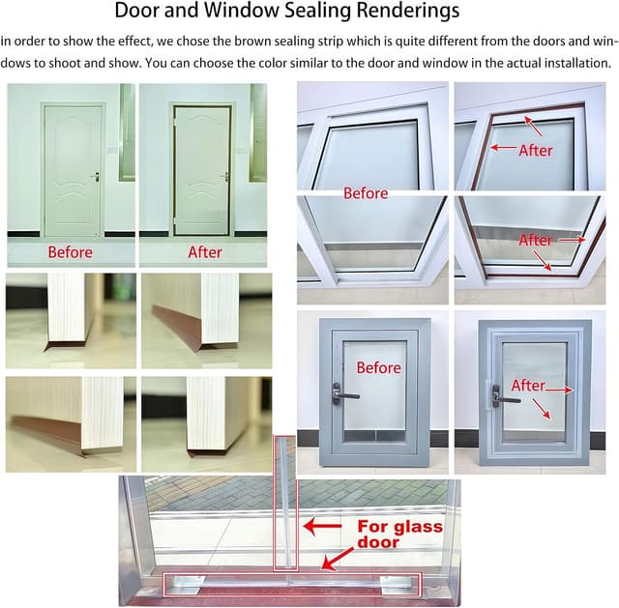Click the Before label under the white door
tap(71, 252)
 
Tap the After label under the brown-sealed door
tap(205, 252)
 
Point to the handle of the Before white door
tap(95, 176)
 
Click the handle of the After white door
tap(224, 176)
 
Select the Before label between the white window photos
tap(366, 193)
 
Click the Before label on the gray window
tap(378, 367)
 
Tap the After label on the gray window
tap(528, 386)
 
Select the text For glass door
tap(399, 535)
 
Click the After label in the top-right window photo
tap(536, 150)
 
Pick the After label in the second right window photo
tap(536, 240)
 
